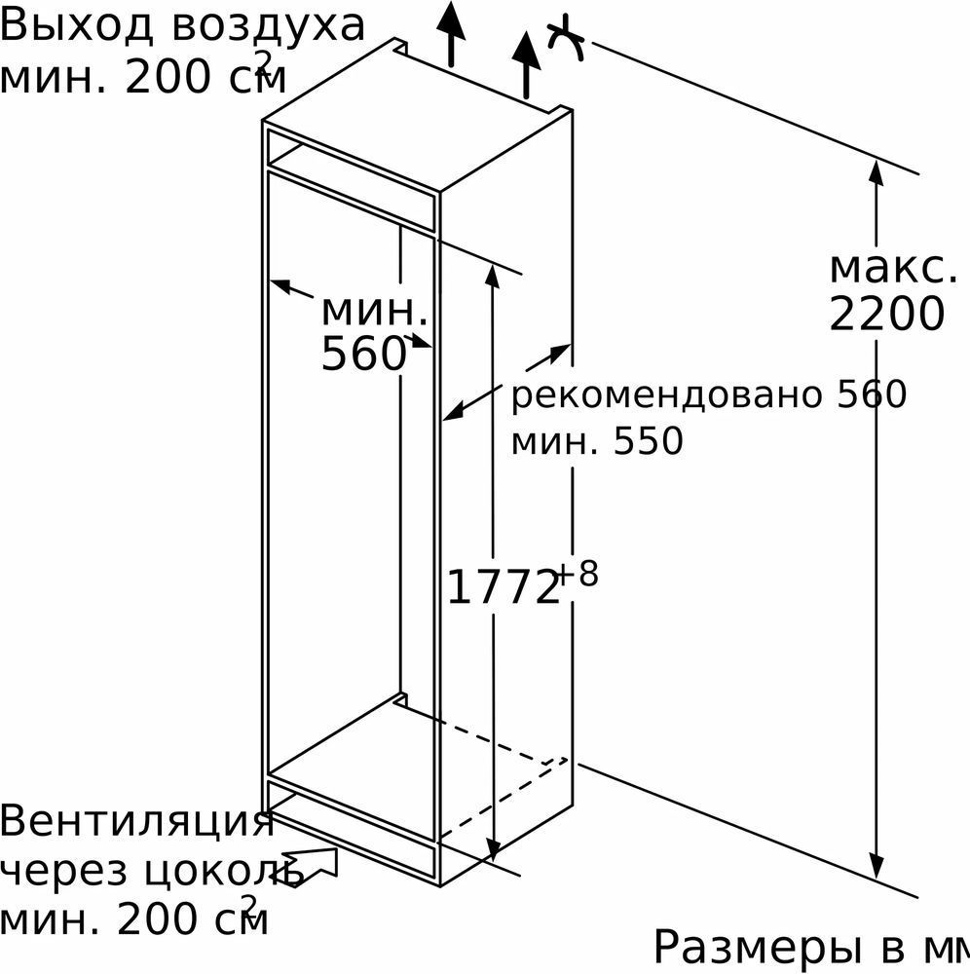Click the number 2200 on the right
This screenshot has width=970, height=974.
887,315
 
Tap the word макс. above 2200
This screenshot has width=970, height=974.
893,269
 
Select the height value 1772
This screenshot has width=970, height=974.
503,587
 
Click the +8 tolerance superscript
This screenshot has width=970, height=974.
577,574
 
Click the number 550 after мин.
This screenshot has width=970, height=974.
649,441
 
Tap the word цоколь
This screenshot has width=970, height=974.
224,874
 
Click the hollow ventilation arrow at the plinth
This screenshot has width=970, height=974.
311,867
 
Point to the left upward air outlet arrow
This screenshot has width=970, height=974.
451,33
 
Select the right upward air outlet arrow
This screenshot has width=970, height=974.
526,64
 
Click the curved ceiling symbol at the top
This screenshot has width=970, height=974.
567,39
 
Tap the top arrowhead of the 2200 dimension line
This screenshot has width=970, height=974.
876,172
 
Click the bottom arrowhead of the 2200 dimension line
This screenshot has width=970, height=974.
876,866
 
